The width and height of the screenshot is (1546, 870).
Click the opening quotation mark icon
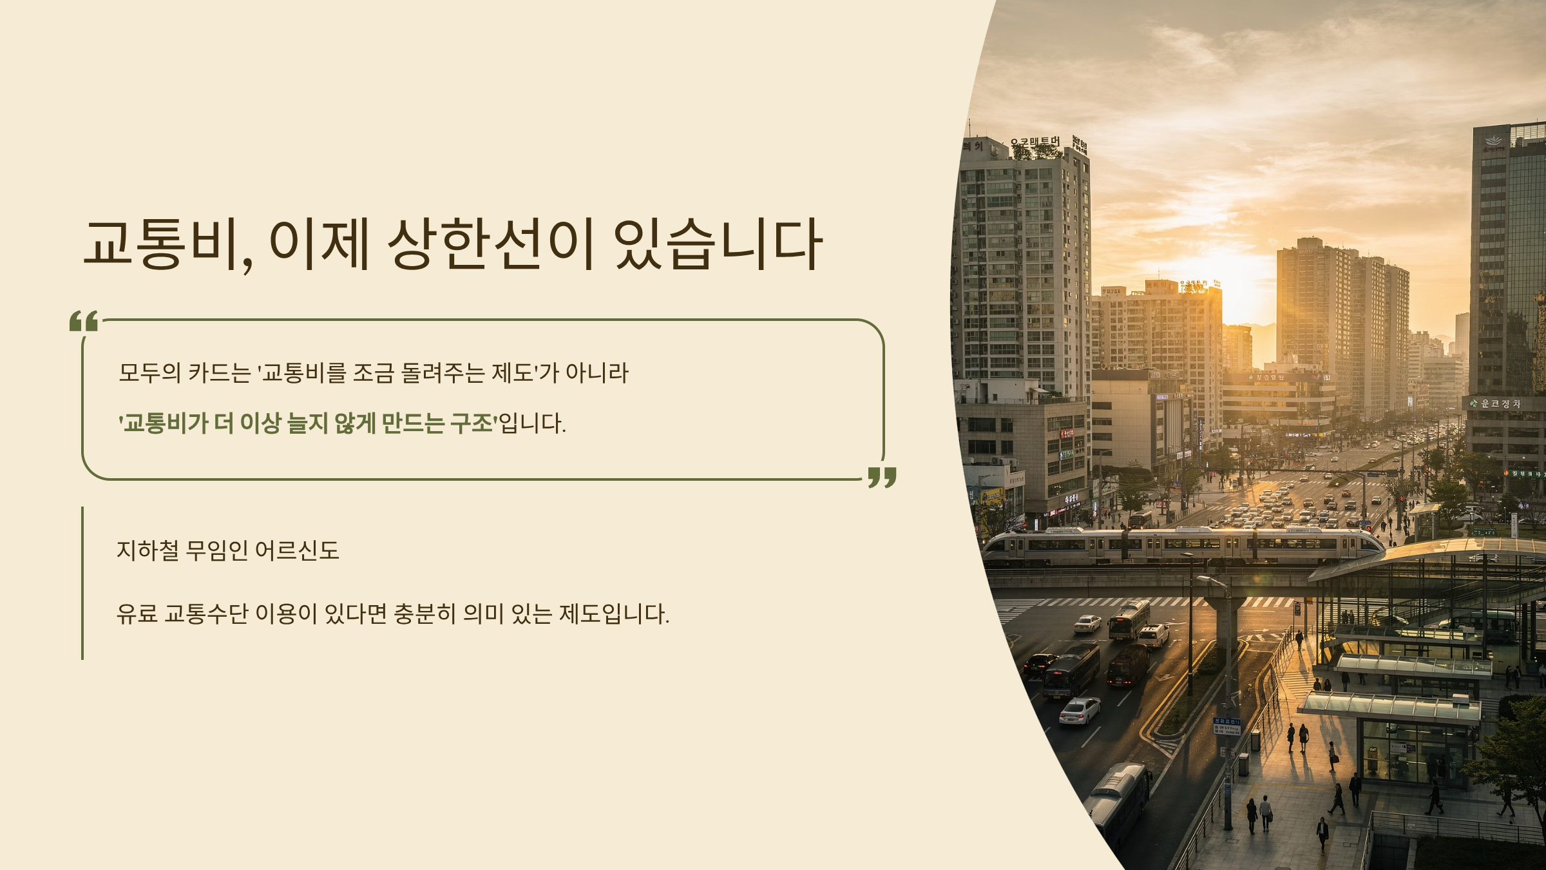[84, 320]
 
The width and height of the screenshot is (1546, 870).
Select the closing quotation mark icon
[882, 478]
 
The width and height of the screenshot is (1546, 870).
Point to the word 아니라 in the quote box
[596, 373]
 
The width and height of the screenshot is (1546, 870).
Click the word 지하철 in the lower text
[148, 550]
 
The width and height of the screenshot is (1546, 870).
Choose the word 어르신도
[297, 550]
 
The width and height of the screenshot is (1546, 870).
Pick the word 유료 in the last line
[137, 614]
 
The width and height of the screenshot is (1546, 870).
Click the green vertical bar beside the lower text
[82, 583]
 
